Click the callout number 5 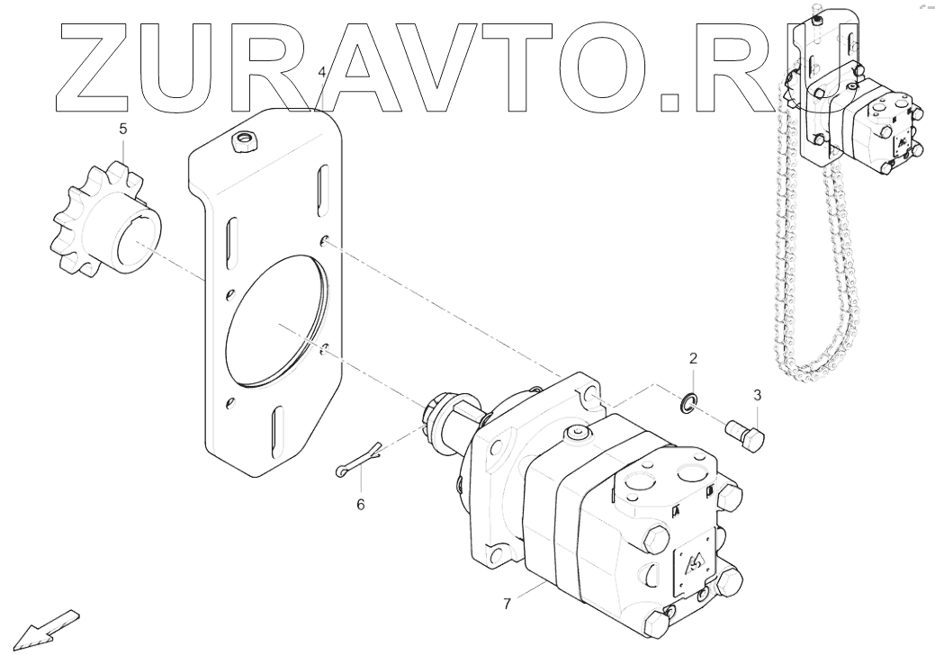[124, 129]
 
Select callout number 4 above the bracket [321, 71]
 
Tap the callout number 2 [693, 359]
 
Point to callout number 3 [757, 394]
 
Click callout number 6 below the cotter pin [360, 505]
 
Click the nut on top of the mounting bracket [242, 142]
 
